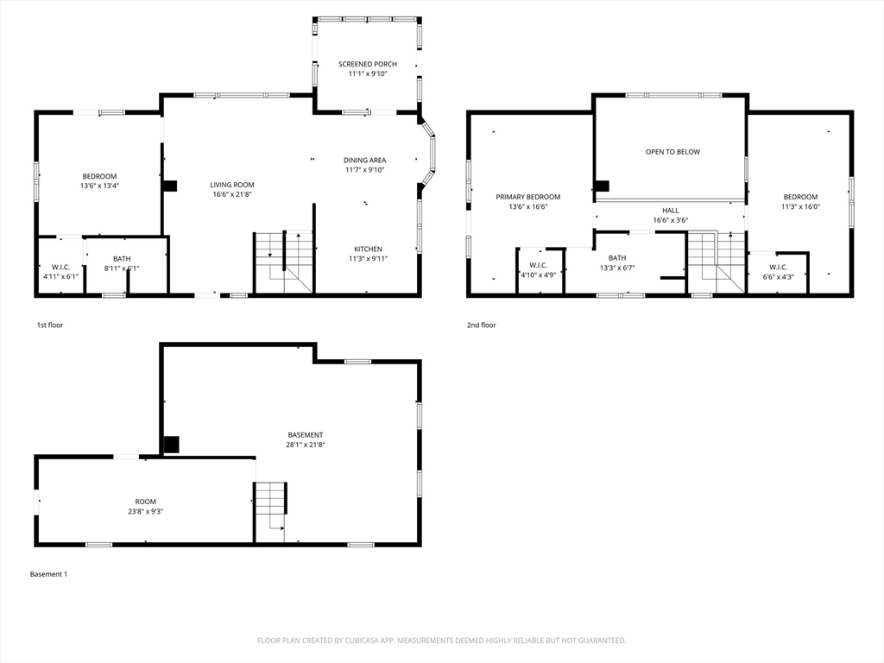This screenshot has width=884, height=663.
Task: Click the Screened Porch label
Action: coord(368,64)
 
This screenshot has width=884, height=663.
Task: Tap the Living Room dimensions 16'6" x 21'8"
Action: coord(231,194)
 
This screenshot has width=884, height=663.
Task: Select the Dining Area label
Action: coord(365,160)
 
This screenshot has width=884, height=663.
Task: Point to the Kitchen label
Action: coord(368,249)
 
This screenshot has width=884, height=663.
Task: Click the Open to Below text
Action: coord(672,152)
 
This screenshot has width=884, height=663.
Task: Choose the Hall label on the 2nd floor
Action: coord(670,211)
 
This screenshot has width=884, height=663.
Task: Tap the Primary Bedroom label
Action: coord(528,197)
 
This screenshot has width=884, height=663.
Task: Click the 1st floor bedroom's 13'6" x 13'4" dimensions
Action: coord(100,186)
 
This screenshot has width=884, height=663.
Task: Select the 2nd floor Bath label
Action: coord(617,257)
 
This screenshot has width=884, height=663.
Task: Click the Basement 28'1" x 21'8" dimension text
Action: coord(306,445)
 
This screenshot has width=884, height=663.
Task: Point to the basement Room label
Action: coord(145,502)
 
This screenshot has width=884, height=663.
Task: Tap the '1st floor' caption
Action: coord(50,325)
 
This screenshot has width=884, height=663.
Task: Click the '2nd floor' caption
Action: coord(482,325)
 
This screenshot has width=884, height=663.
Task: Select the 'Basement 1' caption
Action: coord(48,574)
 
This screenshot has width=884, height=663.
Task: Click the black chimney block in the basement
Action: coord(172,445)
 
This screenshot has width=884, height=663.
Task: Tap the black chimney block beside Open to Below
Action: coord(603,186)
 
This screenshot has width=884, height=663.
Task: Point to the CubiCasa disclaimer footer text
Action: coord(441,641)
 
